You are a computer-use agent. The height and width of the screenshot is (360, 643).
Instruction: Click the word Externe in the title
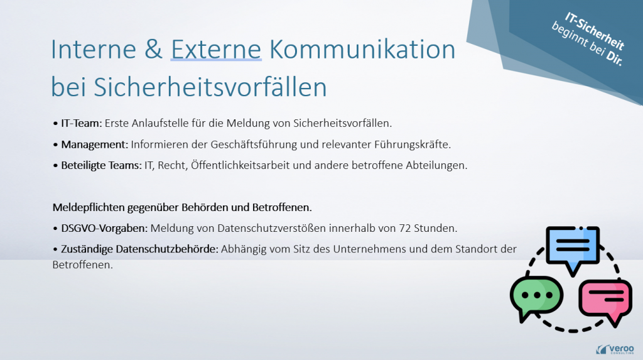(216, 50)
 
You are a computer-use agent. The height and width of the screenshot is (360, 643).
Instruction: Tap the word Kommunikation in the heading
(362, 50)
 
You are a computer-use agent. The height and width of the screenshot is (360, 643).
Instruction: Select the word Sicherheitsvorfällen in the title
(210, 87)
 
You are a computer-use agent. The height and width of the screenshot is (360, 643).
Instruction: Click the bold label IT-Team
(81, 123)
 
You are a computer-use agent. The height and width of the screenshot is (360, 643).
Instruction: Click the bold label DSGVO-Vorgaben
(105, 227)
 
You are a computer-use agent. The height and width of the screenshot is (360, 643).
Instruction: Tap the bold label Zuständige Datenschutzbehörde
(139, 248)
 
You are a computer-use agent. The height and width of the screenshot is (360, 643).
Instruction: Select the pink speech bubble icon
(604, 300)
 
